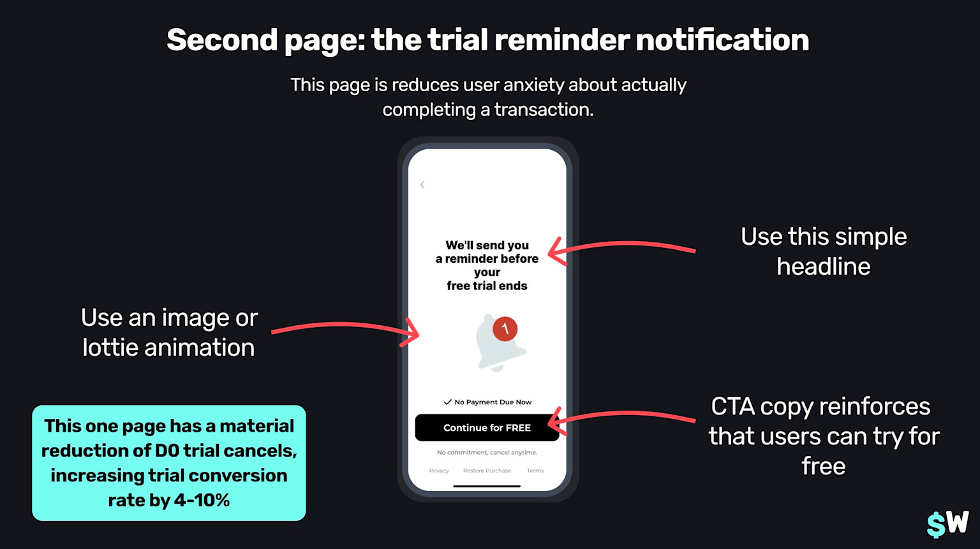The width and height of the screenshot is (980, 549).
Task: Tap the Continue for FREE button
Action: pyautogui.click(x=487, y=427)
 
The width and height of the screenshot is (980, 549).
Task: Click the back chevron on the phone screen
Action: pyautogui.click(x=422, y=185)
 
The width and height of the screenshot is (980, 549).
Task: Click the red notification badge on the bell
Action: pyautogui.click(x=505, y=328)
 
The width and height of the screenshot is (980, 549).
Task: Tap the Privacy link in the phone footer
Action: pyautogui.click(x=439, y=471)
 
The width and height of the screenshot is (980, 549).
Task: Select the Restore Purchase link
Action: pyautogui.click(x=487, y=471)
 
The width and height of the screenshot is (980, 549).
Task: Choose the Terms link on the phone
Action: pyautogui.click(x=535, y=471)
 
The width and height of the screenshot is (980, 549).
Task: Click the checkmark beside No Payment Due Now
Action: pyautogui.click(x=447, y=402)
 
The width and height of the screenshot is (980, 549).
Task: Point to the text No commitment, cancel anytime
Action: pyautogui.click(x=487, y=452)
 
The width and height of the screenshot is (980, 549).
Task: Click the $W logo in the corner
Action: pyautogui.click(x=947, y=523)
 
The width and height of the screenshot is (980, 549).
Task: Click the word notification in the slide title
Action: pyautogui.click(x=722, y=40)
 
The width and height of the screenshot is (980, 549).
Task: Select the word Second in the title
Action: pyautogui.click(x=222, y=40)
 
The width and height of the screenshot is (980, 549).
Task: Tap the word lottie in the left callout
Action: pyautogui.click(x=110, y=348)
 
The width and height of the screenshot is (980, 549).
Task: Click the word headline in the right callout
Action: pyautogui.click(x=823, y=267)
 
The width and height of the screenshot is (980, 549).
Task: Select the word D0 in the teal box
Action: pyautogui.click(x=167, y=451)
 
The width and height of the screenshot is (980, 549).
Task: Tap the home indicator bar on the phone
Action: pyautogui.click(x=487, y=486)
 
